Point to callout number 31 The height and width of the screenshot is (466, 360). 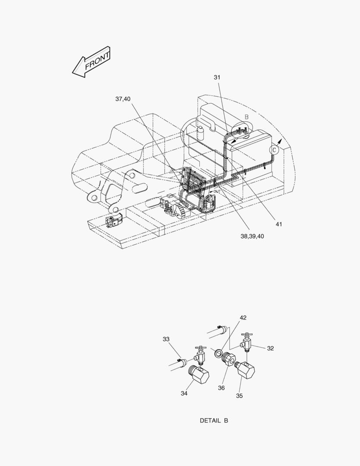[217, 77]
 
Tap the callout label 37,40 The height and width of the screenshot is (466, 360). [123, 99]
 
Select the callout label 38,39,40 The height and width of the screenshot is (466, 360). [252, 236]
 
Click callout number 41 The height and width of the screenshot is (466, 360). [279, 224]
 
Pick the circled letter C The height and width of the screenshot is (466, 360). [274, 150]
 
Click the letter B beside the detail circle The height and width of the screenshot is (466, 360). [247, 117]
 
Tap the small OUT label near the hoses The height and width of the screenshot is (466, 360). [217, 192]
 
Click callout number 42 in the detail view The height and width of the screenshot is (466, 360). [243, 318]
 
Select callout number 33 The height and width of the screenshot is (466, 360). [166, 339]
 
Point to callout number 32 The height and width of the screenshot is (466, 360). [270, 348]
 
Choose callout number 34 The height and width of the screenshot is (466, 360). [184, 393]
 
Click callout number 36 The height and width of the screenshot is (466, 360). [221, 388]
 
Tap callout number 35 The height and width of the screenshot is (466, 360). [239, 396]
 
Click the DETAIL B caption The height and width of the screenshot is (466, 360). [214, 421]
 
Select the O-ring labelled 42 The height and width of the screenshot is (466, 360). [219, 353]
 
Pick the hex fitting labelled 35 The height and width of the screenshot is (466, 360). [245, 369]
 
